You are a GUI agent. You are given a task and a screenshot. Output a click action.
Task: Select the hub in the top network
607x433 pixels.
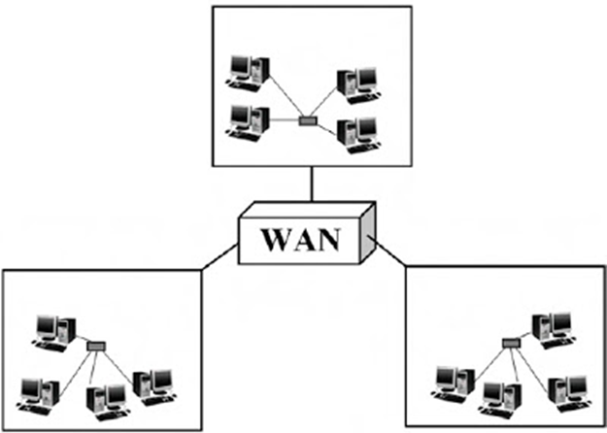coord(309,121)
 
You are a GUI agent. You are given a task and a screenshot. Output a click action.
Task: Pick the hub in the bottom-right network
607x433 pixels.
coord(512,342)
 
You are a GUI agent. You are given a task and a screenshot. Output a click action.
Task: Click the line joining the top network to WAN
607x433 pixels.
coord(309,182)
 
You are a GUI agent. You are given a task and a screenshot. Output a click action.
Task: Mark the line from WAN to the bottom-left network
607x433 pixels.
coord(218,257)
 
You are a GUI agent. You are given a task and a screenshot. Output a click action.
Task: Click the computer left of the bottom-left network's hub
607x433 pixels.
coord(51,330)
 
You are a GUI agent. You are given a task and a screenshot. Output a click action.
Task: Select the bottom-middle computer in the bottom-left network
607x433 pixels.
coord(105,399)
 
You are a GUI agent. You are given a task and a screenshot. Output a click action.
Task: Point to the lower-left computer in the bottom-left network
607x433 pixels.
coord(37,387)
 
